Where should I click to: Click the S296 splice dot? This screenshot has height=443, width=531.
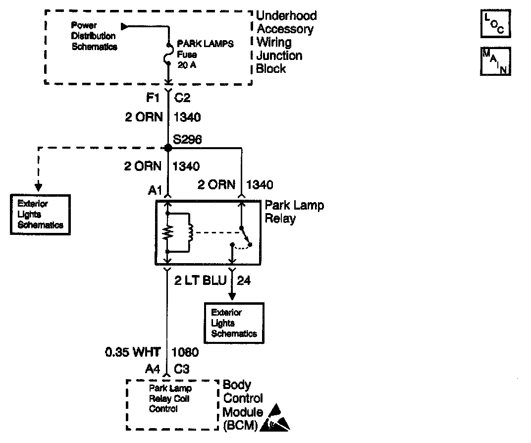pyautogui.click(x=168, y=147)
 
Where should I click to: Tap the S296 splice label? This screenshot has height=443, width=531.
pyautogui.click(x=187, y=140)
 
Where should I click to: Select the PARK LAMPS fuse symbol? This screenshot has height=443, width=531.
pyautogui.click(x=168, y=54)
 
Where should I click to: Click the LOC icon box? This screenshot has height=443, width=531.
pyautogui.click(x=495, y=24)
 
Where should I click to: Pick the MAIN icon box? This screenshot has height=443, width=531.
pyautogui.click(x=495, y=61)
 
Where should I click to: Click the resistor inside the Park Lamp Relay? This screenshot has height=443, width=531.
pyautogui.click(x=168, y=232)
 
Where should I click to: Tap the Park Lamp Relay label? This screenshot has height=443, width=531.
pyautogui.click(x=294, y=212)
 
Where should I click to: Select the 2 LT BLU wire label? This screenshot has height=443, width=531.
pyautogui.click(x=200, y=281)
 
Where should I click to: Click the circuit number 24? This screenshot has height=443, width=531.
pyautogui.click(x=244, y=281)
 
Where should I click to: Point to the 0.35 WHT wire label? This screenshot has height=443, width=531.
pyautogui.click(x=133, y=352)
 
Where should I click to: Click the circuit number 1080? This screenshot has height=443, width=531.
pyautogui.click(x=185, y=352)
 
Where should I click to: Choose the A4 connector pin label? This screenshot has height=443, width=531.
pyautogui.click(x=153, y=369)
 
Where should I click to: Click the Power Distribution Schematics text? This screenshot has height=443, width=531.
pyautogui.click(x=94, y=36)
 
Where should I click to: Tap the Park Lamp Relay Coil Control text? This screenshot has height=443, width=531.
pyautogui.click(x=170, y=398)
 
